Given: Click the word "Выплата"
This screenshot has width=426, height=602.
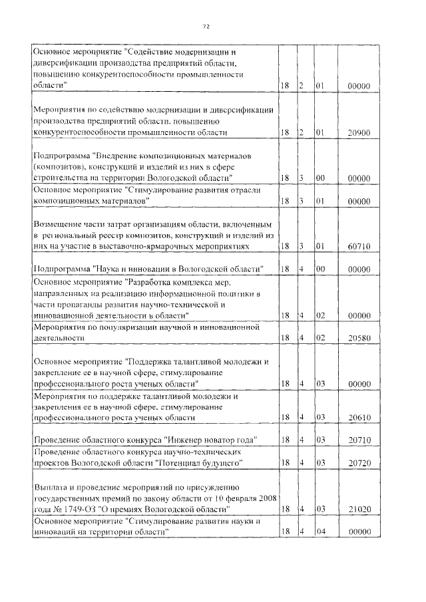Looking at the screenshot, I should click(x=51, y=486).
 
